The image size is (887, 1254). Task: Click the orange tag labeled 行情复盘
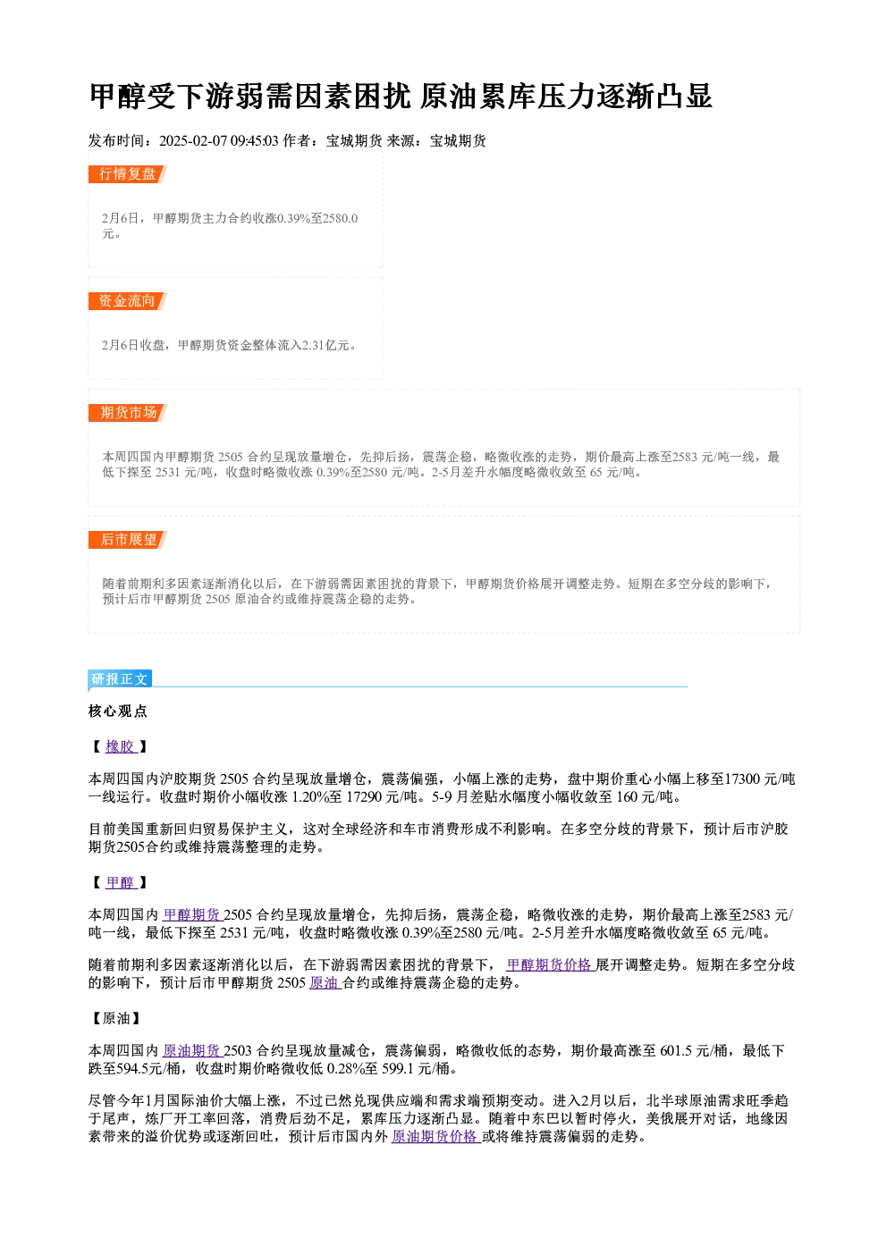[128, 174]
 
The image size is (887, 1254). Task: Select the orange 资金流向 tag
[128, 301]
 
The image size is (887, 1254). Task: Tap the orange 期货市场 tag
[128, 413]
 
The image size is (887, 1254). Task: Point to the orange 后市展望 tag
[128, 540]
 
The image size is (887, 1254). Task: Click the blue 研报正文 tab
[120, 679]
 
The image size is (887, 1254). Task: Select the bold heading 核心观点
[118, 711]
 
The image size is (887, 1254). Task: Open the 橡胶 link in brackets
[121, 747]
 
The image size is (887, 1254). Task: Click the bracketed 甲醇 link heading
[121, 883]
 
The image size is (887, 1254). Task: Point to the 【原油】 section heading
[116, 1018]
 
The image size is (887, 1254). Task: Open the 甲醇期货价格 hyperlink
[551, 964]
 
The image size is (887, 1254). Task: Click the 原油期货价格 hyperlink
[435, 1136]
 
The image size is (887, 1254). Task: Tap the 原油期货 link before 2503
[192, 1050]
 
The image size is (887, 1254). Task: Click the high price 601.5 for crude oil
[676, 1050]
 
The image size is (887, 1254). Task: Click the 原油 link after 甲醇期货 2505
[325, 982]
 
